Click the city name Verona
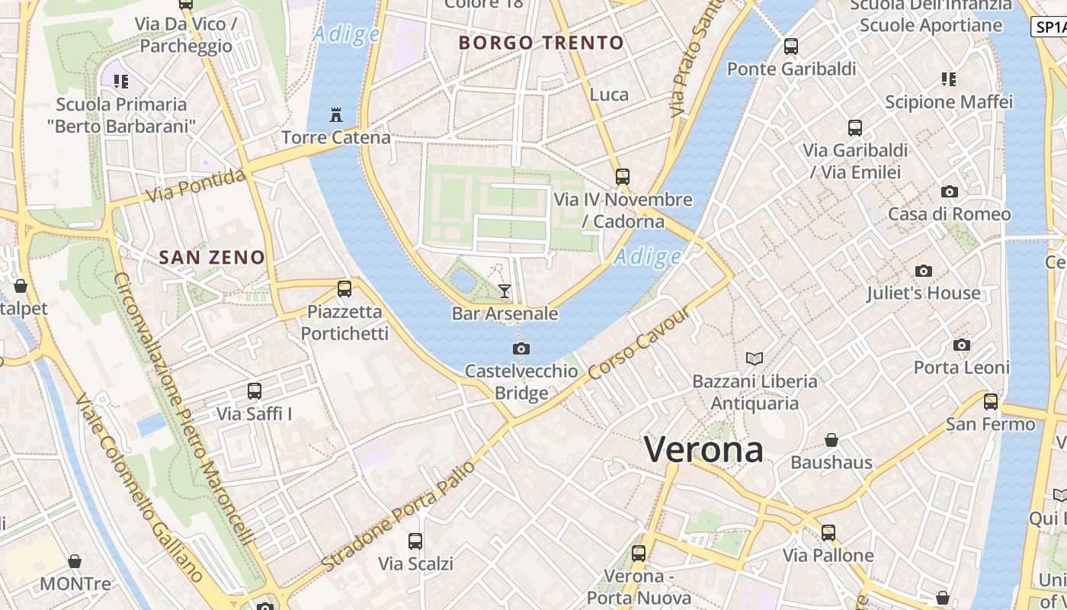[703, 449]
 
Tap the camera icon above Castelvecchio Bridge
[521, 348]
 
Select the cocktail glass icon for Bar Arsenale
[504, 291]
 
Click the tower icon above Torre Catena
[335, 115]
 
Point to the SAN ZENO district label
[212, 258]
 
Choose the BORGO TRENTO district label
[541, 43]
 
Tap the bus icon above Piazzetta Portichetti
[344, 289]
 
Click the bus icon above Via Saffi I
[255, 391]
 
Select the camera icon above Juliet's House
[924, 271]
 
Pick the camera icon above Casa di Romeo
[950, 191]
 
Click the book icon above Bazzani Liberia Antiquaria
[755, 358]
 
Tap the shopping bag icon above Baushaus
[831, 440]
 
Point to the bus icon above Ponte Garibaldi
[791, 47]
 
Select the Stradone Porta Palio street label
[399, 515]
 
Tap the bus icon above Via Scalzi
[415, 541]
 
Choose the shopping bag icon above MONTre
[75, 562]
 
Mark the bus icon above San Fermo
[991, 401]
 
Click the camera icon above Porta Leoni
[962, 345]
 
